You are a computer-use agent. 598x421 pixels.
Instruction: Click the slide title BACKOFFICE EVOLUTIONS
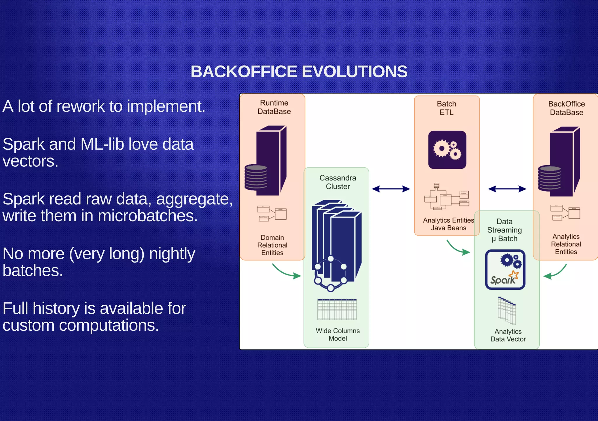299,72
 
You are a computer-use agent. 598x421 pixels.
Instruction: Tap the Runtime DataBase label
274,107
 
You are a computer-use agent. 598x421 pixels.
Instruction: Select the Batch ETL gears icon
447,150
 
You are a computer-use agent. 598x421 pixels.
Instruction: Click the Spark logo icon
505,270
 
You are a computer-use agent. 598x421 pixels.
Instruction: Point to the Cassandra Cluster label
338,182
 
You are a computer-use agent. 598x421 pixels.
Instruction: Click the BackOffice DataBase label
566,108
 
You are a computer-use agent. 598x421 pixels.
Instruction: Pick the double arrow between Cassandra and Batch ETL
391,189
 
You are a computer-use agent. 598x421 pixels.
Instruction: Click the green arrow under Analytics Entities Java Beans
458,248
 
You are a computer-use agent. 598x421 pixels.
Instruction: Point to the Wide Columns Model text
338,334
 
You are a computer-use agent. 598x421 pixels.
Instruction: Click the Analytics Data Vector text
508,335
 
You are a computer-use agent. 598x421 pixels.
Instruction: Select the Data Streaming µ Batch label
504,230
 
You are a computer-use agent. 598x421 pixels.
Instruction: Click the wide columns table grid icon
337,309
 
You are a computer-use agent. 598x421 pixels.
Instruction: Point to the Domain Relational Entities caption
272,245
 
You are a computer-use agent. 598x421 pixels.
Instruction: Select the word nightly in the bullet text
172,254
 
